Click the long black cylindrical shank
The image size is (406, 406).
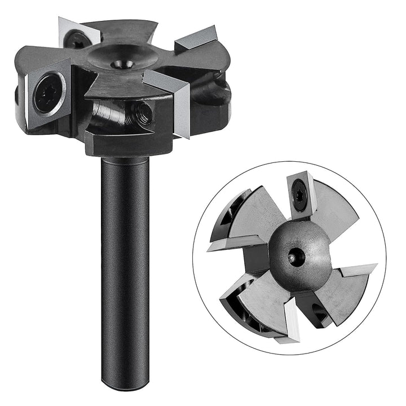125,254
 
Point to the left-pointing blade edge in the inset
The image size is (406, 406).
223,245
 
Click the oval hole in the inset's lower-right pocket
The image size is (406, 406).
316,309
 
